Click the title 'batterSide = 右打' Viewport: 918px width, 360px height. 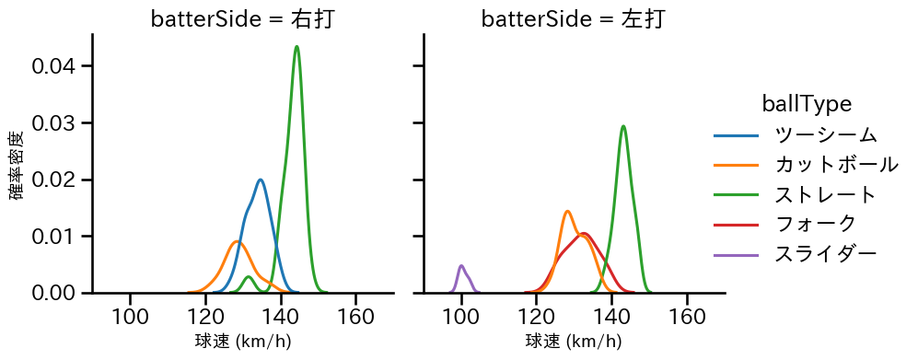click(x=242, y=19)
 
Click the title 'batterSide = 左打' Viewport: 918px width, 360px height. click(x=573, y=19)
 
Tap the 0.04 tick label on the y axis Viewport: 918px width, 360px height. click(x=60, y=66)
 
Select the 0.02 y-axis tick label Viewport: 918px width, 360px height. click(x=60, y=180)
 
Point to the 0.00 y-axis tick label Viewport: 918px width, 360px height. click(x=60, y=293)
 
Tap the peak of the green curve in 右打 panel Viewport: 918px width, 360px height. click(x=296, y=46)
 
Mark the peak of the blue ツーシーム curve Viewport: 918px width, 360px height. click(x=261, y=180)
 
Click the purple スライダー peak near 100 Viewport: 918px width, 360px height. click(x=461, y=266)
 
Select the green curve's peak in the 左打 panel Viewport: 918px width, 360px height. click(x=623, y=126)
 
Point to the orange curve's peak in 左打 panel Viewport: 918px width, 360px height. click(x=568, y=211)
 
